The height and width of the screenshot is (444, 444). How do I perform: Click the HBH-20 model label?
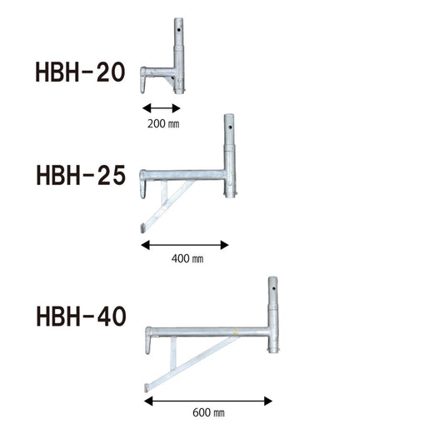point(80,72)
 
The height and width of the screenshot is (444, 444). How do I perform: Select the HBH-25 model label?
point(81,175)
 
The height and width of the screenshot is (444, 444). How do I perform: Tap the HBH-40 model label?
point(82,317)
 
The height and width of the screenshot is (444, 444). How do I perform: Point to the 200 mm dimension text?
point(163,124)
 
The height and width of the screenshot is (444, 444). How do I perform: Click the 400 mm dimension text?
point(187,258)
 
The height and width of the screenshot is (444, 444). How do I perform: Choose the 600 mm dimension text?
point(209,412)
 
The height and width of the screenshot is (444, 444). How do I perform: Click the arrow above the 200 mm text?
point(162,108)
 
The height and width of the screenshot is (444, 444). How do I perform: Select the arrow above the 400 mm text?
point(185,245)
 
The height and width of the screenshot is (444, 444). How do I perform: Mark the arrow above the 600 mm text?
point(208,401)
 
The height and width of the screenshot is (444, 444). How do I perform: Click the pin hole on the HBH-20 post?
point(178,29)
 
